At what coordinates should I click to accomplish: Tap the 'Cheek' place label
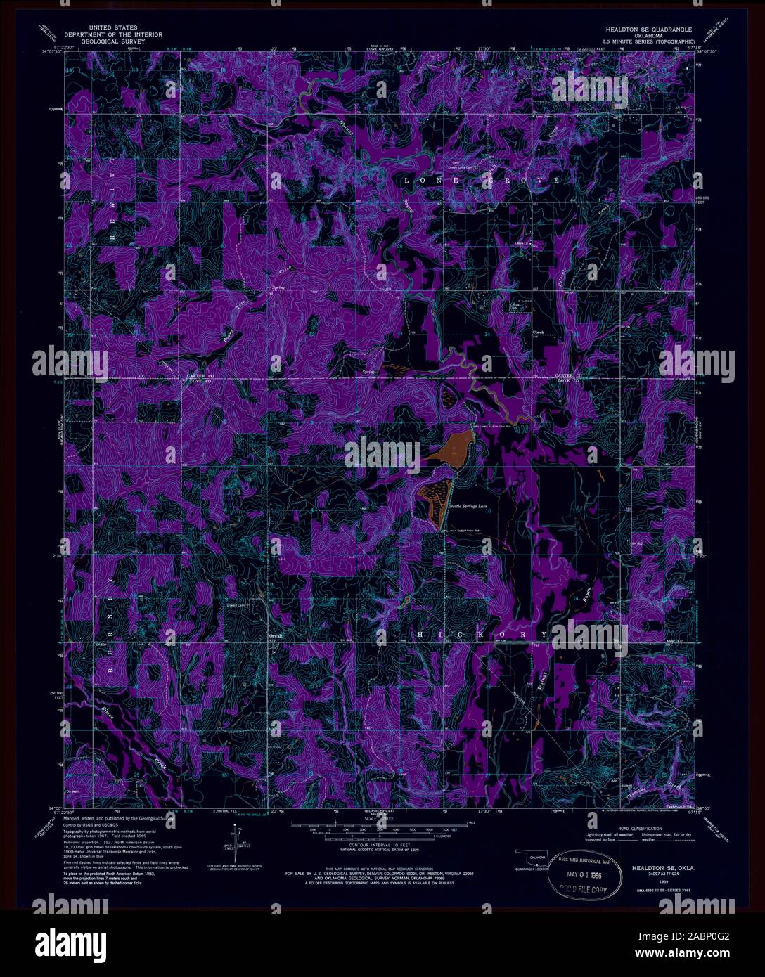tap(539, 332)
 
